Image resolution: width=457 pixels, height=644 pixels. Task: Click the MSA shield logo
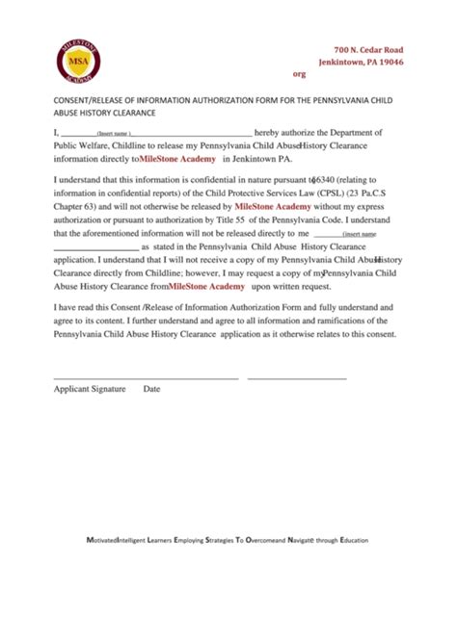(x=77, y=61)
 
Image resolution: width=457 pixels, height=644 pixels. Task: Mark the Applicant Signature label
(x=90, y=389)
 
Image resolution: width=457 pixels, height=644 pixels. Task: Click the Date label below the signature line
(x=152, y=389)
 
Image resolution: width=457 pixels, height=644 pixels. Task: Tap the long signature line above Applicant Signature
(x=146, y=377)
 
